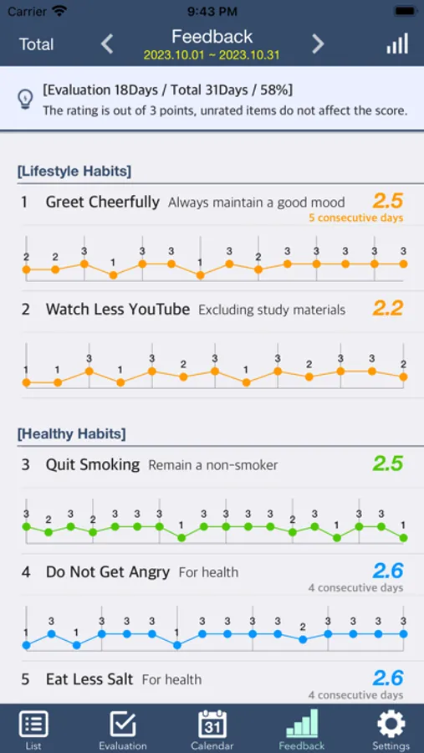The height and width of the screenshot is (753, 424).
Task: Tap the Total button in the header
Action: (36, 44)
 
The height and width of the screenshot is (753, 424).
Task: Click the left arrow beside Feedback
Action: (107, 44)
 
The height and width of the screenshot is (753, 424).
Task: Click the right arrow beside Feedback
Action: (318, 44)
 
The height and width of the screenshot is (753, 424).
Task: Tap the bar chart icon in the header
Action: (397, 44)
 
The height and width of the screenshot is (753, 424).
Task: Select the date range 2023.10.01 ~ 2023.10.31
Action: (212, 55)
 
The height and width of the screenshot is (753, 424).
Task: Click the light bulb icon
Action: (25, 99)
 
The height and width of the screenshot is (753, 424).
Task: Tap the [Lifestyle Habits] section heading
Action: (74, 171)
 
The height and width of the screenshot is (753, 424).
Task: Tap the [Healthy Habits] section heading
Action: (72, 433)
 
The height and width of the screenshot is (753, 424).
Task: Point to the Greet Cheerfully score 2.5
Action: (388, 201)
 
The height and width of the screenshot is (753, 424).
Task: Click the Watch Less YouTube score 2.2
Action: (388, 308)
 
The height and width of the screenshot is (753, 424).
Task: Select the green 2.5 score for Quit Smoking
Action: (388, 464)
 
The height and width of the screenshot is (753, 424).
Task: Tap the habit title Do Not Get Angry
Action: (107, 572)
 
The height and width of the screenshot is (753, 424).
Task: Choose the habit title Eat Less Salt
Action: (89, 679)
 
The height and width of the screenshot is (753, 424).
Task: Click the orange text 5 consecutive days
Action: (355, 218)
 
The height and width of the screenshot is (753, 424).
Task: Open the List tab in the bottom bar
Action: (33, 728)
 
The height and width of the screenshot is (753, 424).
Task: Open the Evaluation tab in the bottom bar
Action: (123, 728)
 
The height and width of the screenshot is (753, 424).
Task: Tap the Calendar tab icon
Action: (212, 725)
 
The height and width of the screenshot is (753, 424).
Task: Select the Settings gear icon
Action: (391, 725)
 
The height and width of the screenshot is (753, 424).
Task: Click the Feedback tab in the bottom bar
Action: (302, 728)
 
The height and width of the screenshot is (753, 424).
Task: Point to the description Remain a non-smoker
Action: (212, 465)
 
